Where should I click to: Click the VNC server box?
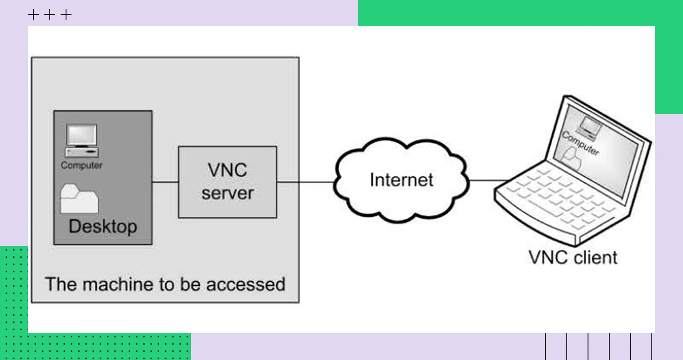click(x=227, y=182)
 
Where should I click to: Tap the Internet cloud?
click(x=401, y=180)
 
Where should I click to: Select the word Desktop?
click(x=103, y=226)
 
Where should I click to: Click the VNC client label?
click(x=573, y=257)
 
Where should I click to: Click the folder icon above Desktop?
click(x=80, y=199)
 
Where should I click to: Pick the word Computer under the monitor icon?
click(x=81, y=166)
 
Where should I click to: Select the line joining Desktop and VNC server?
click(x=165, y=182)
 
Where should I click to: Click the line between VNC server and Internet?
click(x=305, y=182)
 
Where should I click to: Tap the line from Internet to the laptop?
click(x=489, y=180)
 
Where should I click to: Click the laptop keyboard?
click(x=561, y=199)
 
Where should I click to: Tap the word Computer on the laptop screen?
click(x=580, y=143)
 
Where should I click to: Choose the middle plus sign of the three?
click(x=50, y=15)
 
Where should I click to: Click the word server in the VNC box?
click(x=227, y=194)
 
